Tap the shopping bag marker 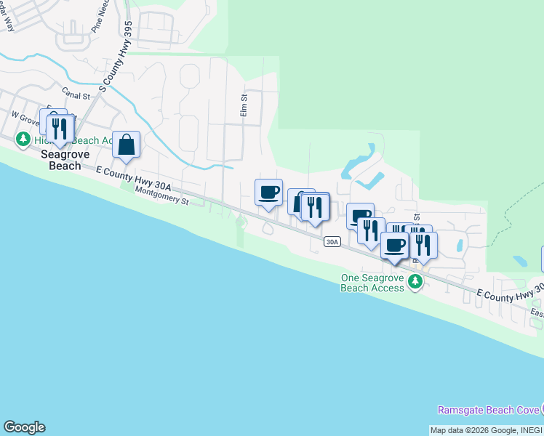(127, 145)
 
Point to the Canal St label (75, 94)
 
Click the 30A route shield (332, 242)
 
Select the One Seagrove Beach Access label (372, 283)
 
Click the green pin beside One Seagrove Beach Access (415, 281)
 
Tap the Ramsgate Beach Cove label (487, 411)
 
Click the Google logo (24, 427)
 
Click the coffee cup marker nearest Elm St (268, 193)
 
